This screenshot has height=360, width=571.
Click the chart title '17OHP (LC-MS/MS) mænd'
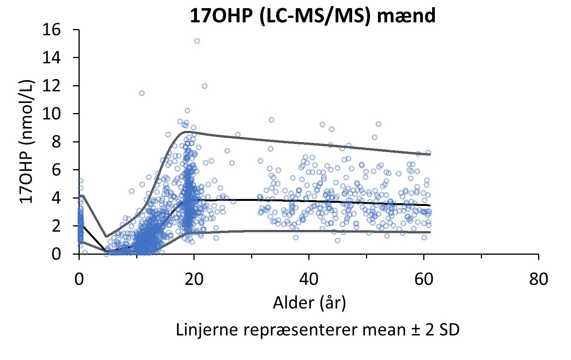[x=313, y=16]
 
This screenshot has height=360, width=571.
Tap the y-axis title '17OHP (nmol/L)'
[x=27, y=142]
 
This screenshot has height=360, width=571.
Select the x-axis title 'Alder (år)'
[x=309, y=303]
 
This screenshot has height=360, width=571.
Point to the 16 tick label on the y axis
[x=51, y=30]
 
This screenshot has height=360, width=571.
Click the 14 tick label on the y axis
[x=51, y=58]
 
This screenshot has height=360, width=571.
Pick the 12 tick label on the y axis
[x=51, y=86]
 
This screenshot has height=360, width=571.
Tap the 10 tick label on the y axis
[x=51, y=114]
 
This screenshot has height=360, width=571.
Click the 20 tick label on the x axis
[x=194, y=279]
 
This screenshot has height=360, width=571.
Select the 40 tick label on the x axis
[x=309, y=279]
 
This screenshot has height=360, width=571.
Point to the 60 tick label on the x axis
[x=424, y=279]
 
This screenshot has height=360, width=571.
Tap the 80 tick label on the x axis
[x=539, y=279]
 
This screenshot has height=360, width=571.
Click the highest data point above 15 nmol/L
[x=197, y=41]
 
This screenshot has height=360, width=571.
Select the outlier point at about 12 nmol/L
[x=204, y=86]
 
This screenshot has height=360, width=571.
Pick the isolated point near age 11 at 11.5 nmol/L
[x=142, y=93]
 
